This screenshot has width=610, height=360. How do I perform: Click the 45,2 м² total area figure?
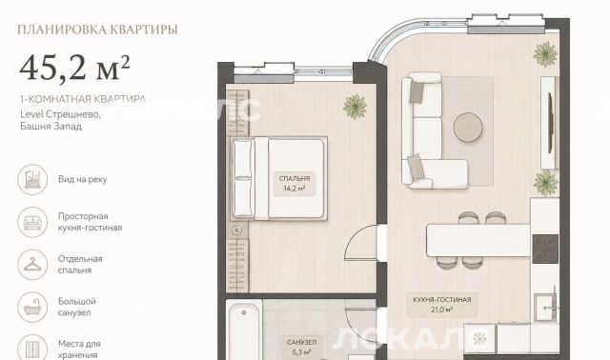(74, 68)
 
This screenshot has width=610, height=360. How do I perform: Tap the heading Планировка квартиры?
(97, 30)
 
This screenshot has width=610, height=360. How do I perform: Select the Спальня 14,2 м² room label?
(295, 184)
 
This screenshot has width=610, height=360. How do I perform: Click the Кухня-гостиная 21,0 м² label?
(442, 305)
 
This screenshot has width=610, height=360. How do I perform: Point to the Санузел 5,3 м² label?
(302, 348)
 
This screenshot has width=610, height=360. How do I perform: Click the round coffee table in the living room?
(468, 127)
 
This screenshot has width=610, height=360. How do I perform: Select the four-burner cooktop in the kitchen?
(545, 249)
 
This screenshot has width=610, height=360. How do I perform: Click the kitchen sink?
(546, 308)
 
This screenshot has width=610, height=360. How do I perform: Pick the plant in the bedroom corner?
(355, 107)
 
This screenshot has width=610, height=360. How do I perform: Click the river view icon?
(32, 180)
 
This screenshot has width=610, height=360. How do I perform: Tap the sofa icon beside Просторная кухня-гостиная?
(32, 222)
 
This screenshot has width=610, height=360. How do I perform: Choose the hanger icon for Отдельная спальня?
(32, 265)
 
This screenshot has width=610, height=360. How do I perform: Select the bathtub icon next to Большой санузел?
(32, 307)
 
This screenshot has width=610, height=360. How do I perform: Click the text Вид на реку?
(83, 179)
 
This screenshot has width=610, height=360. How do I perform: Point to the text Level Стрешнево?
(60, 114)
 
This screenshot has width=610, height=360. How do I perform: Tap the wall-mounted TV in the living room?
(551, 123)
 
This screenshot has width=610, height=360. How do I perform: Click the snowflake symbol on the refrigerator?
(479, 339)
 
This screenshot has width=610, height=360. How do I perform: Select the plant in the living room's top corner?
(545, 54)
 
